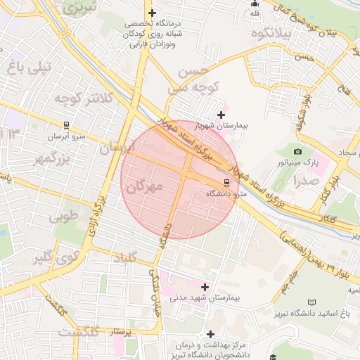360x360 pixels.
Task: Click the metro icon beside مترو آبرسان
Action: (66, 126)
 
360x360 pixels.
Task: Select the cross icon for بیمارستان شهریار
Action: (221, 115)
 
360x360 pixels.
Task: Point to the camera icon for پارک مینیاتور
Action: (297, 151)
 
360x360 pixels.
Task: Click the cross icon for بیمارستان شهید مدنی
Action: (205, 287)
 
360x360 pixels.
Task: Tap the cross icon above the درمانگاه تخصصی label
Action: (152, 13)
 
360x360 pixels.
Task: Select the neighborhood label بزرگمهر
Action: (51, 159)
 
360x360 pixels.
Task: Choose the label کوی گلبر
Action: (53, 257)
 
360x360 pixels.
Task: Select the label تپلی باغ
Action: (28, 67)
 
